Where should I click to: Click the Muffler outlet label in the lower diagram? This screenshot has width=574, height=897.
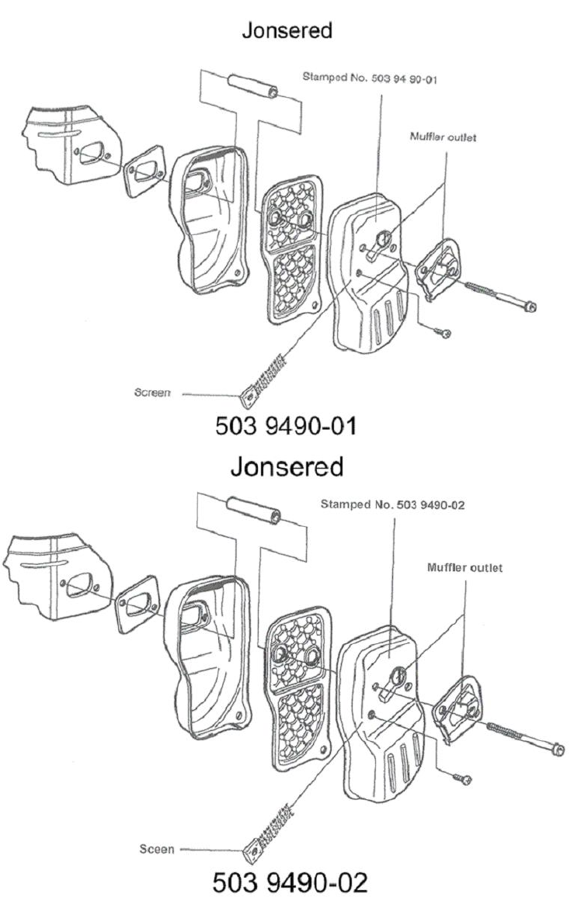465,567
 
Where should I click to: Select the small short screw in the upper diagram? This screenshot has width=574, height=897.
445,334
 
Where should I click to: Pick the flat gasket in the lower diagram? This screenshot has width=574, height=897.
137,604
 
